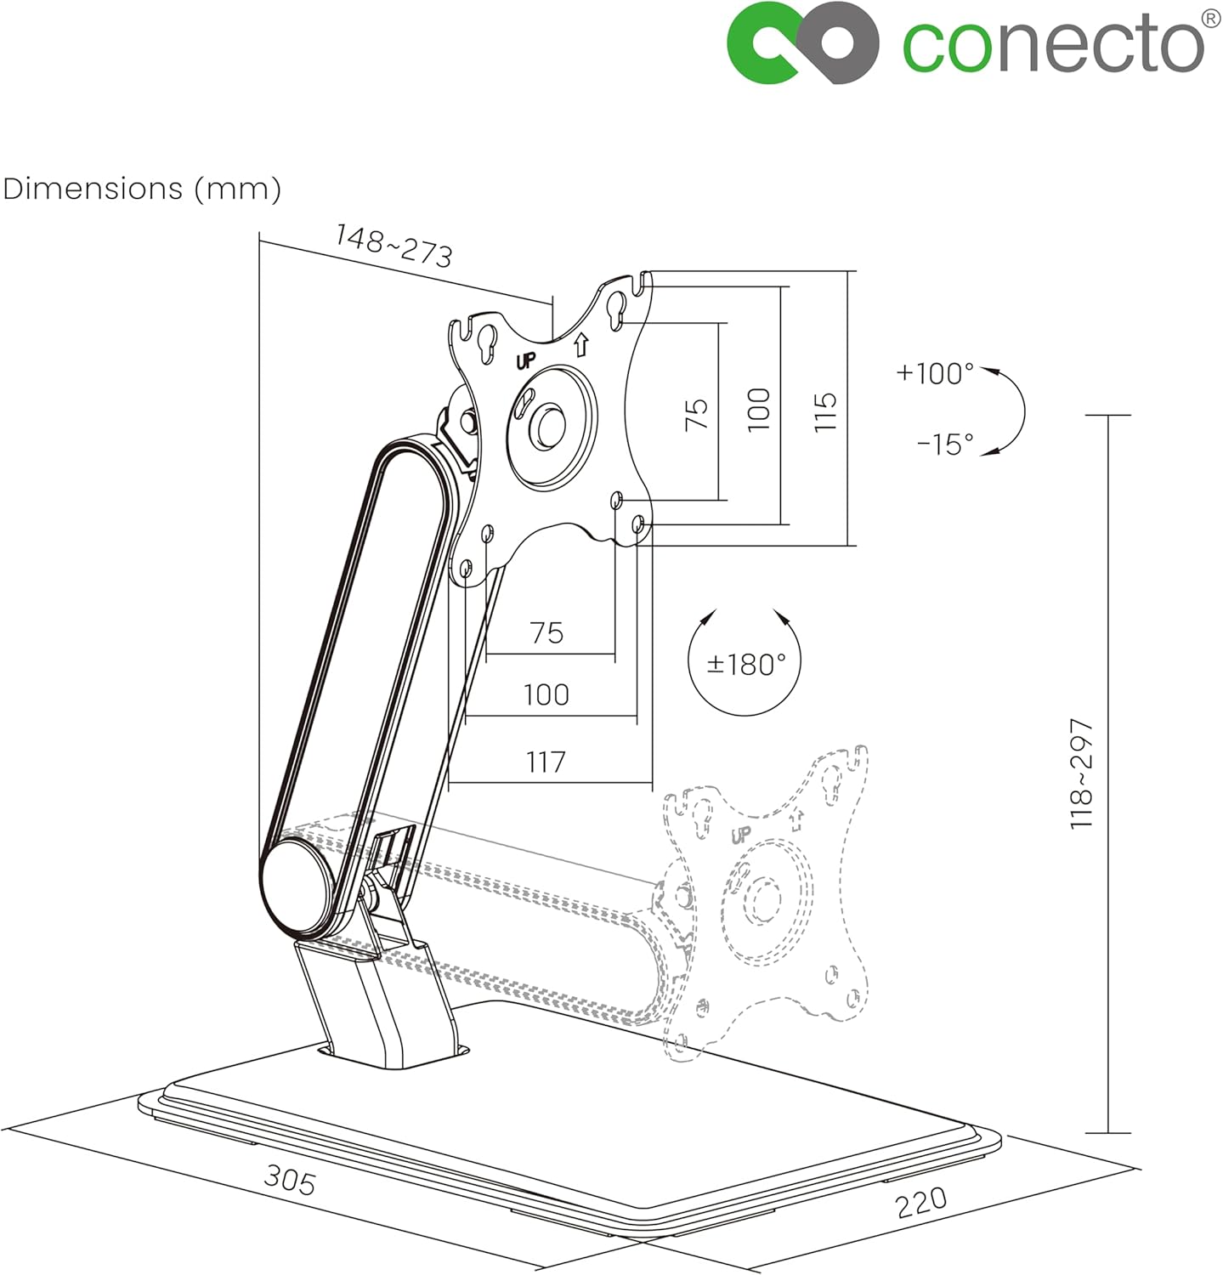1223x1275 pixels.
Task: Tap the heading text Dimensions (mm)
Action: click(142, 188)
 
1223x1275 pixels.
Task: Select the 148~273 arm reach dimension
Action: click(394, 246)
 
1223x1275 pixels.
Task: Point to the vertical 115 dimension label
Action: click(825, 411)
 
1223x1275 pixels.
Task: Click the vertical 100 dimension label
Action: click(759, 409)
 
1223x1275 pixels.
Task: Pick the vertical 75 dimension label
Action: click(696, 414)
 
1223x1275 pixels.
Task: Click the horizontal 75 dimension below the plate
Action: click(546, 633)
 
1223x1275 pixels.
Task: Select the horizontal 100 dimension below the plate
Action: click(546, 694)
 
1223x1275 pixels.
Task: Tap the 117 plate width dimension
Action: click(546, 762)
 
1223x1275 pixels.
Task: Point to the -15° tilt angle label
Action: click(945, 444)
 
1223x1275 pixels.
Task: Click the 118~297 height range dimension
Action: click(1082, 773)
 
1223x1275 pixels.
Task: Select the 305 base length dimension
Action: click(290, 1180)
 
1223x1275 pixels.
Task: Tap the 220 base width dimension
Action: click(920, 1201)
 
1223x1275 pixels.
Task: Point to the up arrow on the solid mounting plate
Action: click(581, 345)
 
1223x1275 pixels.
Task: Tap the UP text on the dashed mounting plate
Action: click(741, 835)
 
